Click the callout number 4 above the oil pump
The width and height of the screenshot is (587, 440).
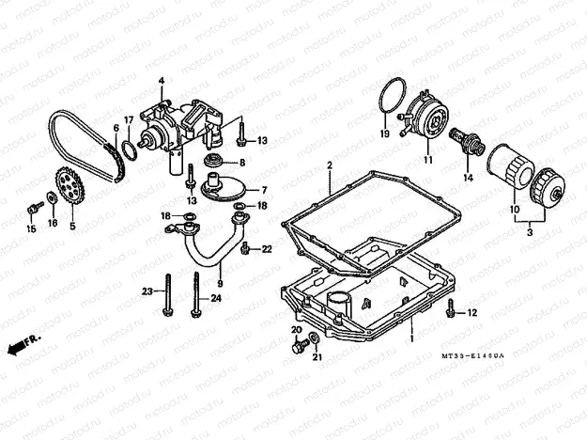click(x=161, y=81)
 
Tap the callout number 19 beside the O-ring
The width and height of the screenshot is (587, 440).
click(x=384, y=134)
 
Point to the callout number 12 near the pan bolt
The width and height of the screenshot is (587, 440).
click(x=471, y=312)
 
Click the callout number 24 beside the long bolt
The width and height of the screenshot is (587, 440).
click(x=216, y=299)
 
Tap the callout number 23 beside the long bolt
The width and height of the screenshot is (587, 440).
click(x=147, y=292)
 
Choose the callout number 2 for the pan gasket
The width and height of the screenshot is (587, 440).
click(x=331, y=165)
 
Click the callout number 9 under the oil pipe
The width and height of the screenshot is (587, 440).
click(x=220, y=282)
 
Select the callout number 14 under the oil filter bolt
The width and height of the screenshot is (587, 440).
click(x=467, y=177)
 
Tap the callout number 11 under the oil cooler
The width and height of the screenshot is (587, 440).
click(x=427, y=160)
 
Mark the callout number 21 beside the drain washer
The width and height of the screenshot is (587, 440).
click(x=317, y=357)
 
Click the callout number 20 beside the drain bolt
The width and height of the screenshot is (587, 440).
click(x=296, y=330)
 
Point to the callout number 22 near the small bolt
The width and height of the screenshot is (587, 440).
click(x=267, y=249)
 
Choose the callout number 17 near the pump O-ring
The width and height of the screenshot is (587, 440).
click(x=130, y=119)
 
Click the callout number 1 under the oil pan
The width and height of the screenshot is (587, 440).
click(x=410, y=333)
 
